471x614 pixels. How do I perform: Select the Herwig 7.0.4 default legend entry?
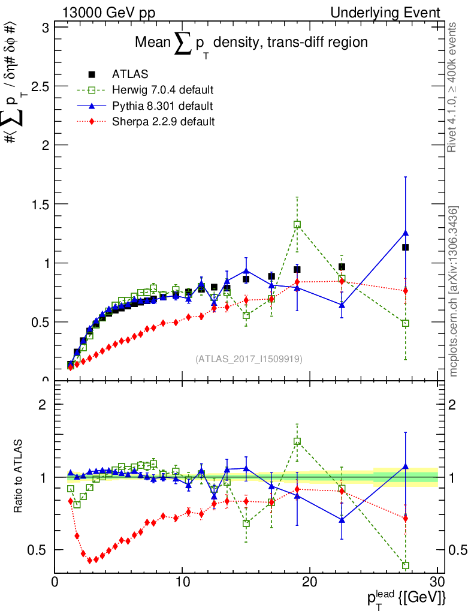point(162,90)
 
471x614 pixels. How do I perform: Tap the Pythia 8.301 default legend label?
point(162,106)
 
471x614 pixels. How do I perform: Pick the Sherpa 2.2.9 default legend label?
point(163,122)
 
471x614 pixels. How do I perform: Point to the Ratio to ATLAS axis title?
point(19,476)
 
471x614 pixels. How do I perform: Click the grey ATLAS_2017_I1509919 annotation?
point(249,359)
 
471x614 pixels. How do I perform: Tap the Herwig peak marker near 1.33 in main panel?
point(297,225)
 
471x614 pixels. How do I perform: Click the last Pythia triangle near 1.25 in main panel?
point(406,233)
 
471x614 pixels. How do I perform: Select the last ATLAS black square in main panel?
point(406,247)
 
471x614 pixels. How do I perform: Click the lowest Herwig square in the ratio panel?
point(406,565)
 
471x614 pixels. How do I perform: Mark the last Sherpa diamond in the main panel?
point(406,291)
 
